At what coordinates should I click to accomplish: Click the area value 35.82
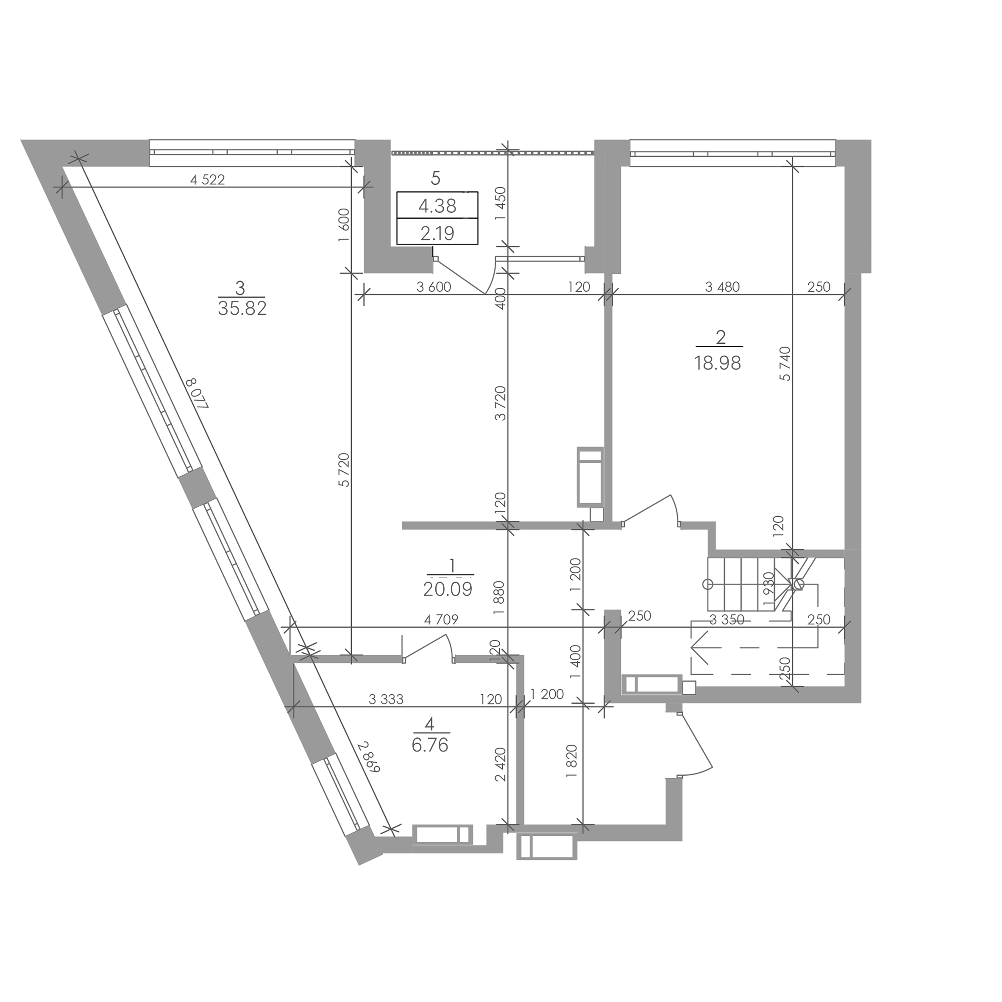(242, 309)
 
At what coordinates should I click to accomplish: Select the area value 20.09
(448, 589)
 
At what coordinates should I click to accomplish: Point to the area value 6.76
(430, 745)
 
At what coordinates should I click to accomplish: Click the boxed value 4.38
(437, 206)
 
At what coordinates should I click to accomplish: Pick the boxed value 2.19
(437, 234)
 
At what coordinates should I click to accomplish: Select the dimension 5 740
(785, 364)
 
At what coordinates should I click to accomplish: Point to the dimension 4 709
(441, 619)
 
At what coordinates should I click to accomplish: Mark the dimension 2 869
(369, 757)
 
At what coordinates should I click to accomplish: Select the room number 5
(436, 178)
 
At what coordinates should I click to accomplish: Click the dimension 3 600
(434, 287)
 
